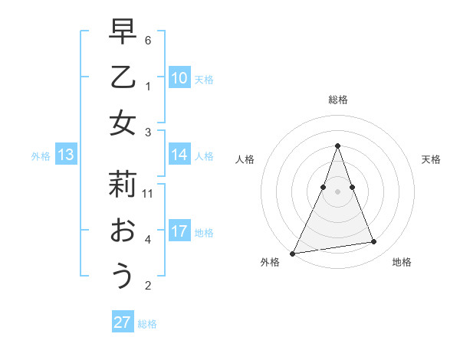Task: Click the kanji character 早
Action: click(x=123, y=34)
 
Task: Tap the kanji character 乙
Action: click(x=123, y=78)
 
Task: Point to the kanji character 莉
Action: click(x=123, y=185)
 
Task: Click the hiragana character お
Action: click(x=123, y=231)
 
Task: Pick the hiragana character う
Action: click(x=123, y=275)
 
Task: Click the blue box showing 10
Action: click(x=179, y=78)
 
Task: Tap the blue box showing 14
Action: click(x=179, y=155)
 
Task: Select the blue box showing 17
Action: click(x=179, y=231)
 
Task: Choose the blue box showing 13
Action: click(x=65, y=155)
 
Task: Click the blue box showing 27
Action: click(x=123, y=322)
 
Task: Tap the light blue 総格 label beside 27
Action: click(x=147, y=324)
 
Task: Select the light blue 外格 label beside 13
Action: click(x=41, y=156)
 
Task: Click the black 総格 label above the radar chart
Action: click(x=337, y=100)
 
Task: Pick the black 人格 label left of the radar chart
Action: click(x=245, y=159)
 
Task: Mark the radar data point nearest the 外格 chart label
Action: click(x=293, y=253)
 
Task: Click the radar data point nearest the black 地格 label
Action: click(x=373, y=242)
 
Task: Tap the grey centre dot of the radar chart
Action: click(x=337, y=191)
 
